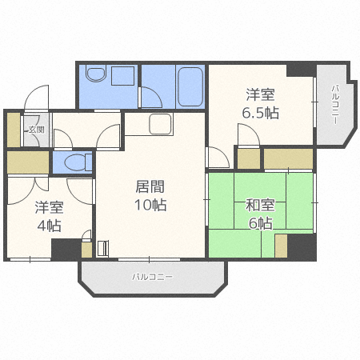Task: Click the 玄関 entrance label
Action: pyautogui.click(x=36, y=130)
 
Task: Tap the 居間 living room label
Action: pyautogui.click(x=150, y=187)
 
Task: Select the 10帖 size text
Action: pyautogui.click(x=150, y=206)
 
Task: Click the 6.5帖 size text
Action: pyautogui.click(x=261, y=113)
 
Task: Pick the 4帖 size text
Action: pyautogui.click(x=49, y=225)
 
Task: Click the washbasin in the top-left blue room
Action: pyautogui.click(x=96, y=74)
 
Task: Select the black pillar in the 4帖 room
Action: pyautogui.click(x=66, y=249)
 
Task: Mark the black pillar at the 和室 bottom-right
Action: pyautogui.click(x=302, y=246)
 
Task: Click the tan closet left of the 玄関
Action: pyautogui.click(x=14, y=130)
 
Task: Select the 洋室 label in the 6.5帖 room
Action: pyautogui.click(x=261, y=94)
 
